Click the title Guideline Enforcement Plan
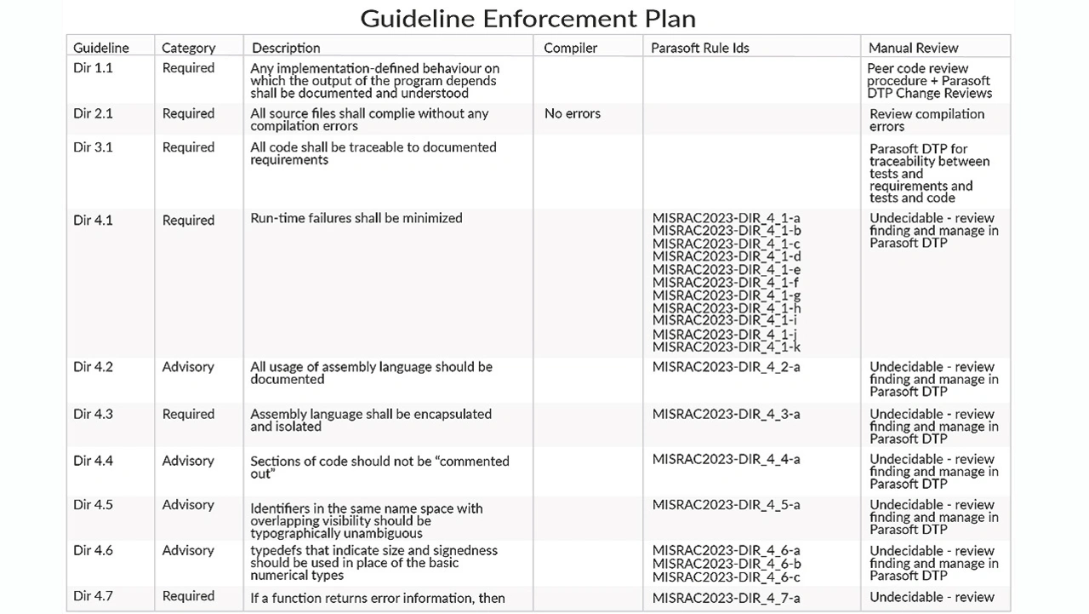pyautogui.click(x=527, y=18)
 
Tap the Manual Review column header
pyautogui.click(x=913, y=48)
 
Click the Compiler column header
pyautogui.click(x=570, y=48)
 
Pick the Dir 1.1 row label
pyautogui.click(x=93, y=68)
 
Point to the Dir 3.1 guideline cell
pyautogui.click(x=93, y=147)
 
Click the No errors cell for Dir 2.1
pyautogui.click(x=572, y=113)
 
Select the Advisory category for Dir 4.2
pyautogui.click(x=188, y=367)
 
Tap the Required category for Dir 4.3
pyautogui.click(x=188, y=414)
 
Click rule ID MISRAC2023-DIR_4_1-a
pyautogui.click(x=726, y=218)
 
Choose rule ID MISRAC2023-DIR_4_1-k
pyautogui.click(x=726, y=347)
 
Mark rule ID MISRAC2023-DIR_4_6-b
pyautogui.click(x=726, y=564)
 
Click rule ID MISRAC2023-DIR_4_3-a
pyautogui.click(x=726, y=414)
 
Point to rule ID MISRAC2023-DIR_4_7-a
pyautogui.click(x=726, y=598)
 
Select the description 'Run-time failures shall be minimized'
pyautogui.click(x=356, y=218)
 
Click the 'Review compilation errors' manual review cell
pyautogui.click(x=927, y=120)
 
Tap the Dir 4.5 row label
pyautogui.click(x=93, y=505)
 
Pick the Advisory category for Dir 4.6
pyautogui.click(x=188, y=551)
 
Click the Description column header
pyautogui.click(x=286, y=48)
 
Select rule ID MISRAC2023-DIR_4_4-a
pyautogui.click(x=726, y=459)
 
